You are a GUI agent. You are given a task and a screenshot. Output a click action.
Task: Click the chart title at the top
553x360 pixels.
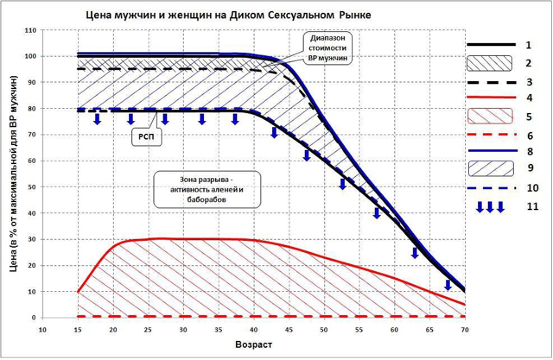point(228,14)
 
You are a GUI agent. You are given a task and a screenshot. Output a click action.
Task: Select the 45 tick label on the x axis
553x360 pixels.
point(289,329)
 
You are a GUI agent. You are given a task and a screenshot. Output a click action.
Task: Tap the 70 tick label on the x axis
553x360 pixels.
point(465,329)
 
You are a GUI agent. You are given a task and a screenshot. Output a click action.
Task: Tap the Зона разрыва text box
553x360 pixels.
point(207,189)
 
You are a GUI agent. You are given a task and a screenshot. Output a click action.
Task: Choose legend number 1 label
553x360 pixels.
point(528,45)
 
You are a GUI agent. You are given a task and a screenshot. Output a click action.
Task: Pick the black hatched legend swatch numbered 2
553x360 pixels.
point(490,63)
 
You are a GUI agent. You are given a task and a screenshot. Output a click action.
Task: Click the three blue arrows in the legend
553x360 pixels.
point(490,206)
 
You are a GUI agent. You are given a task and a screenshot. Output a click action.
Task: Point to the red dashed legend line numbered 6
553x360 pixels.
point(490,135)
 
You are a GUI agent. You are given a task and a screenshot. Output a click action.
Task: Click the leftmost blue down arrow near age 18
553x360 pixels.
point(97,118)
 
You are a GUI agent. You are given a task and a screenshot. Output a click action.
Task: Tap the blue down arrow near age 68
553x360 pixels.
point(449,284)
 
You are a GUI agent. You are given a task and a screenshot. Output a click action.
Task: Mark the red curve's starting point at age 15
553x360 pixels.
point(78,292)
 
